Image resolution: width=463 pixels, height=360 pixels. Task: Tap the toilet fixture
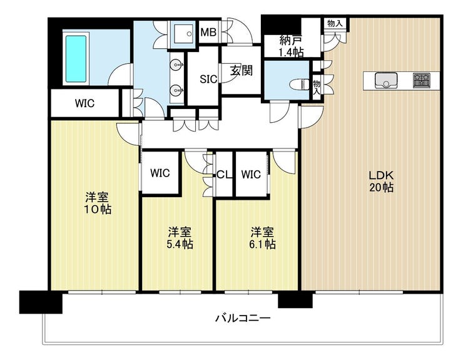click(300, 85)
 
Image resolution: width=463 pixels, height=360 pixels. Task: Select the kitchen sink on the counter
click(386, 80)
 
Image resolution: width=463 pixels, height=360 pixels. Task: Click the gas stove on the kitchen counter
click(422, 80)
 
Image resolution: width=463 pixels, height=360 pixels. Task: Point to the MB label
click(208, 32)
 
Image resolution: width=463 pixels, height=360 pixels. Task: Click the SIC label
click(208, 80)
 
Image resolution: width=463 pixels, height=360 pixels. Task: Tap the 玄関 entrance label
click(242, 70)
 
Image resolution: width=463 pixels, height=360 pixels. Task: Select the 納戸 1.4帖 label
click(292, 47)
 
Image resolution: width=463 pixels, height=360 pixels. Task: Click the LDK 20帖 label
click(381, 181)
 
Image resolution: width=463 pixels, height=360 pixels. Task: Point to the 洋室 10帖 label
click(98, 203)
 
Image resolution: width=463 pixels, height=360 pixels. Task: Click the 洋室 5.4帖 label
click(180, 238)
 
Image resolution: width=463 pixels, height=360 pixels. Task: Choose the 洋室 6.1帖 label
click(263, 238)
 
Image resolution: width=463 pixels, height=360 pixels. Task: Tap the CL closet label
click(224, 175)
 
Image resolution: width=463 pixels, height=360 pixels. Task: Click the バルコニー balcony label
click(243, 318)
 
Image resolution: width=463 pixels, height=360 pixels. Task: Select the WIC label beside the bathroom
click(84, 103)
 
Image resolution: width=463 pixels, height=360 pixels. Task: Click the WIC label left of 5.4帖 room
click(160, 173)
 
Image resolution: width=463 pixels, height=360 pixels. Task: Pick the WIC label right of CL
click(251, 175)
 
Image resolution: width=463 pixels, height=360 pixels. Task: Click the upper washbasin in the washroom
click(176, 64)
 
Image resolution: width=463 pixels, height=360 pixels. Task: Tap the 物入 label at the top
click(335, 23)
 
